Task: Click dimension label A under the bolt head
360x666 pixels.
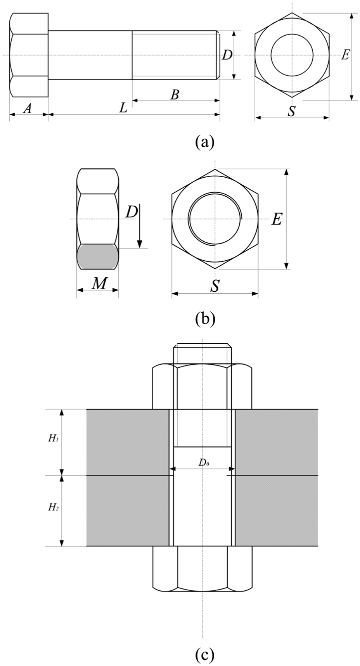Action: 27,109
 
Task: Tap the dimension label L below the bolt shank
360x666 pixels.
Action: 123,108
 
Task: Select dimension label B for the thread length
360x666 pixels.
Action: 175,94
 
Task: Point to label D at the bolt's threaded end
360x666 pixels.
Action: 227,55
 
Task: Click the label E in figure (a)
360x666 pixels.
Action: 345,55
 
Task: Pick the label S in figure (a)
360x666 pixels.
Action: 292,111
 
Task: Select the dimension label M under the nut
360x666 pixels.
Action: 99,284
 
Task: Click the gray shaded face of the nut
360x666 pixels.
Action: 97,257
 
